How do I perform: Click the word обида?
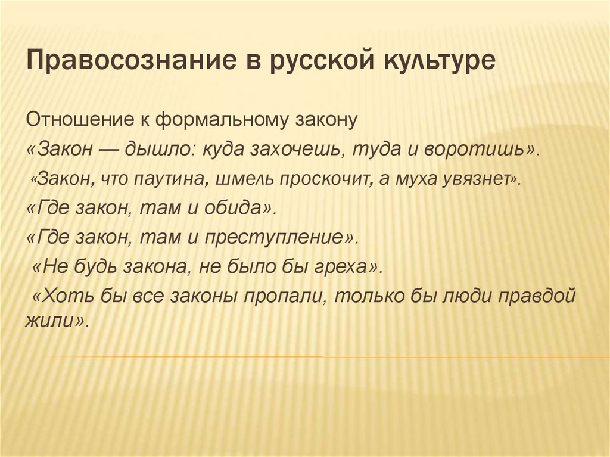pos(242,209)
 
